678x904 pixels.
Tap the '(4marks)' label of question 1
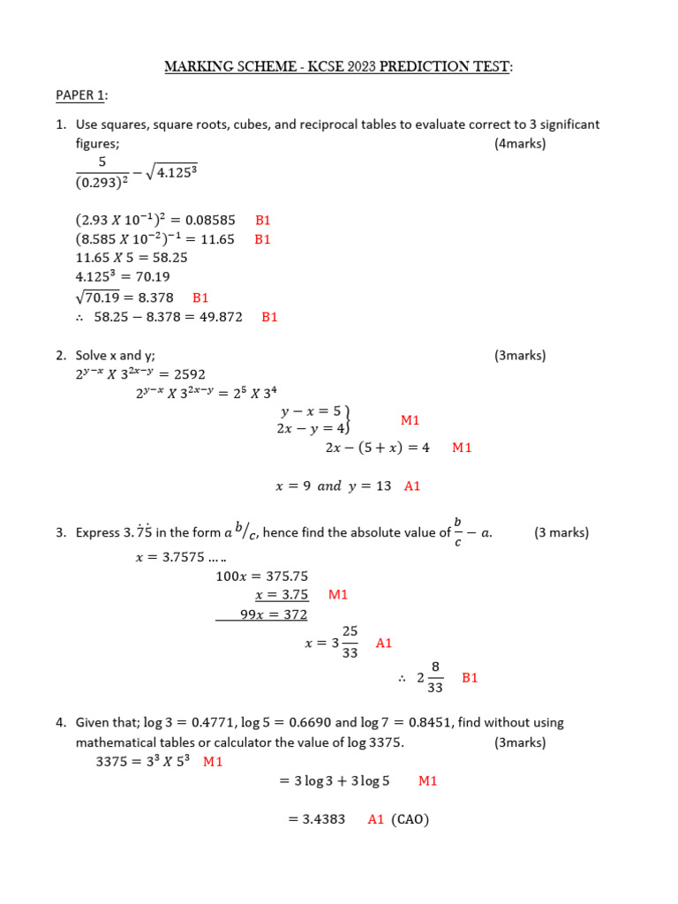pyautogui.click(x=520, y=144)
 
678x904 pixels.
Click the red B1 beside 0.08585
pyautogui.click(x=263, y=221)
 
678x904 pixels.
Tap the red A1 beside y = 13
pyautogui.click(x=412, y=486)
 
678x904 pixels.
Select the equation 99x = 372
pyautogui.click(x=274, y=614)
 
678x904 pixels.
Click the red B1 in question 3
pyautogui.click(x=470, y=678)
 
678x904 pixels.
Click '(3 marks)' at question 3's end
pyautogui.click(x=561, y=532)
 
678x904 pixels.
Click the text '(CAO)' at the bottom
pyautogui.click(x=411, y=819)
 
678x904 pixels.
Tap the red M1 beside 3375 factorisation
pyautogui.click(x=213, y=761)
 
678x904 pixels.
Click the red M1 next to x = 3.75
pyautogui.click(x=338, y=595)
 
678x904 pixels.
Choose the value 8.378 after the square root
pyautogui.click(x=155, y=298)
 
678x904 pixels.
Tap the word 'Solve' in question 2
pyautogui.click(x=91, y=356)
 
